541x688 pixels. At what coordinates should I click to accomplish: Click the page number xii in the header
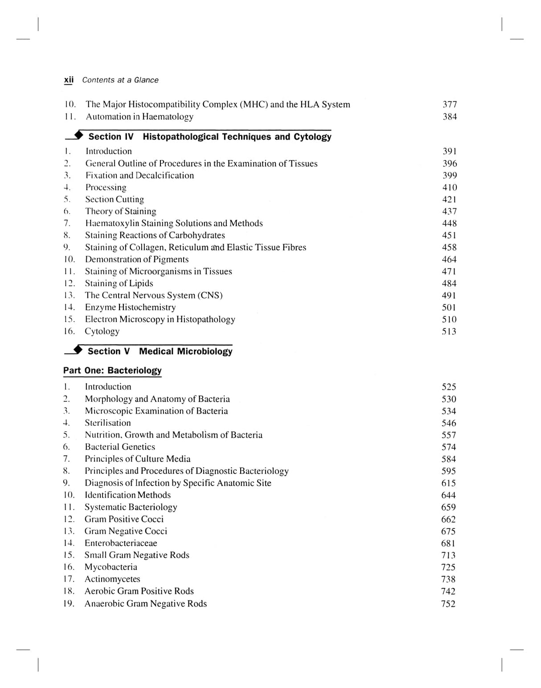pyautogui.click(x=69, y=80)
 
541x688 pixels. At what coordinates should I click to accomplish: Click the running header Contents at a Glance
pyautogui.click(x=120, y=80)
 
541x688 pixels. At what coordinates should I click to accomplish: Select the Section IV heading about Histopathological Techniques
pyautogui.click(x=209, y=137)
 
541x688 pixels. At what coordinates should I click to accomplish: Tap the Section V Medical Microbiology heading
pyautogui.click(x=160, y=351)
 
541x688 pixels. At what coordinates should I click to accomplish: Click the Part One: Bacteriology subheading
pyautogui.click(x=112, y=371)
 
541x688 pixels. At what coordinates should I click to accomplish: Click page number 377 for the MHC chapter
pyautogui.click(x=449, y=104)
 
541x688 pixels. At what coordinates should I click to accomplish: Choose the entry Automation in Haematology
pyautogui.click(x=139, y=117)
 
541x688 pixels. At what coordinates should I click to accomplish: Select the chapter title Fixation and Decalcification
pyautogui.click(x=139, y=176)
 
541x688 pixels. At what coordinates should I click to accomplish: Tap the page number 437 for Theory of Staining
pyautogui.click(x=449, y=212)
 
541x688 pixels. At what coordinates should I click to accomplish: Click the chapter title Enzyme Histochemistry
pyautogui.click(x=130, y=308)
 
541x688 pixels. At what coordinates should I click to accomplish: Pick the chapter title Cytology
pyautogui.click(x=102, y=331)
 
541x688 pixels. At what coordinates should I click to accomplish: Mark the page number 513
pyautogui.click(x=449, y=332)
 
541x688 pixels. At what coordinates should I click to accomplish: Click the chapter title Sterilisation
pyautogui.click(x=108, y=423)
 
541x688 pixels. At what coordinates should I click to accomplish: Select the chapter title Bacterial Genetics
pyautogui.click(x=120, y=447)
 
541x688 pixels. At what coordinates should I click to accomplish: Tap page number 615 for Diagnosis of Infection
pyautogui.click(x=448, y=483)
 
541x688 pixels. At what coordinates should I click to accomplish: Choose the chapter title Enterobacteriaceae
pyautogui.click(x=121, y=544)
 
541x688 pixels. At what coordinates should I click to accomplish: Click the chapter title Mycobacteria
pyautogui.click(x=111, y=567)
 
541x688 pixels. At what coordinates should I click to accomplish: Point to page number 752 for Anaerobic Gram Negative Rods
pyautogui.click(x=448, y=604)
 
